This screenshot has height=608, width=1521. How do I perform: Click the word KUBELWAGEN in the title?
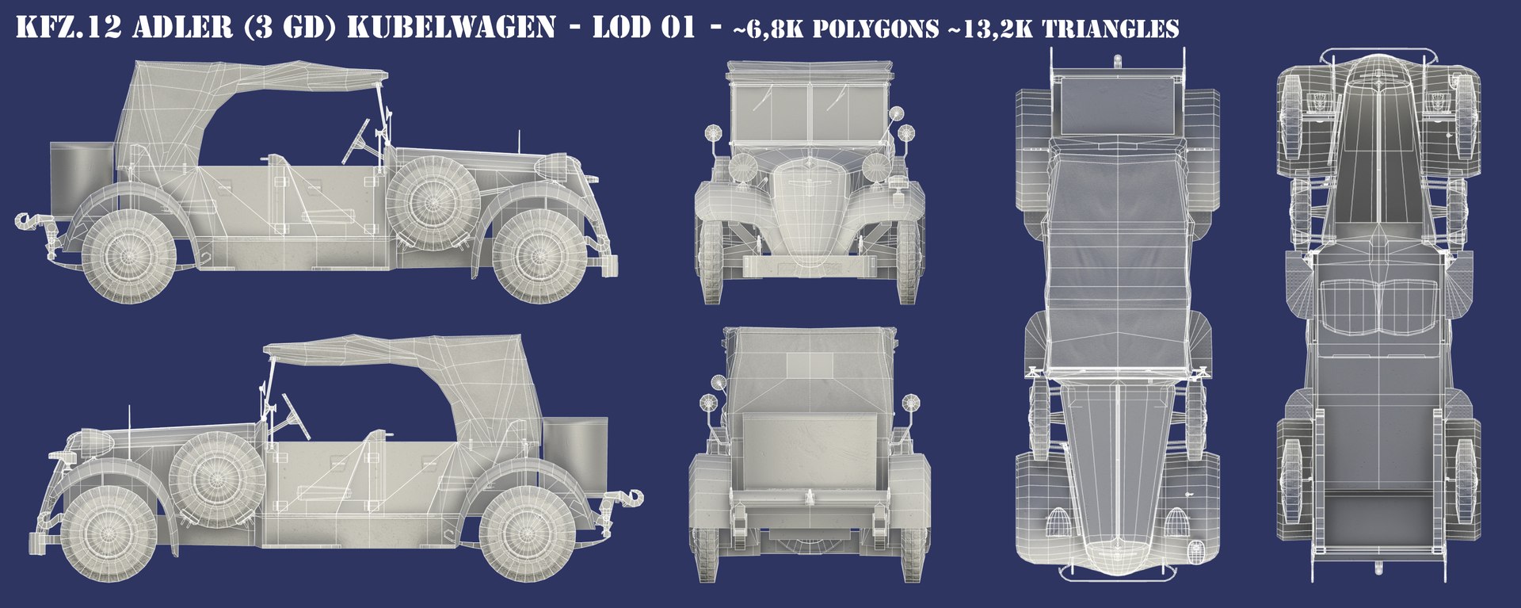[x=452, y=28]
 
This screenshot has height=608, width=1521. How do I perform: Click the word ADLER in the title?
[x=182, y=28]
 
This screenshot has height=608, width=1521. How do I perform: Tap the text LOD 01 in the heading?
[x=643, y=28]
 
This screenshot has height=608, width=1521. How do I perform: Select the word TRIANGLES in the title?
[x=1110, y=29]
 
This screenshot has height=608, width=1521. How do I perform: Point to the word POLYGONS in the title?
[x=875, y=29]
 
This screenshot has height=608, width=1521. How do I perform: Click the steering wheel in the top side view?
[x=356, y=141]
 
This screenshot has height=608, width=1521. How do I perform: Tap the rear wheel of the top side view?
[x=128, y=255]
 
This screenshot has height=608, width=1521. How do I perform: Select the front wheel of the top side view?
[x=539, y=255]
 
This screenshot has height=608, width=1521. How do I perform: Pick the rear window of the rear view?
[x=810, y=365]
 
